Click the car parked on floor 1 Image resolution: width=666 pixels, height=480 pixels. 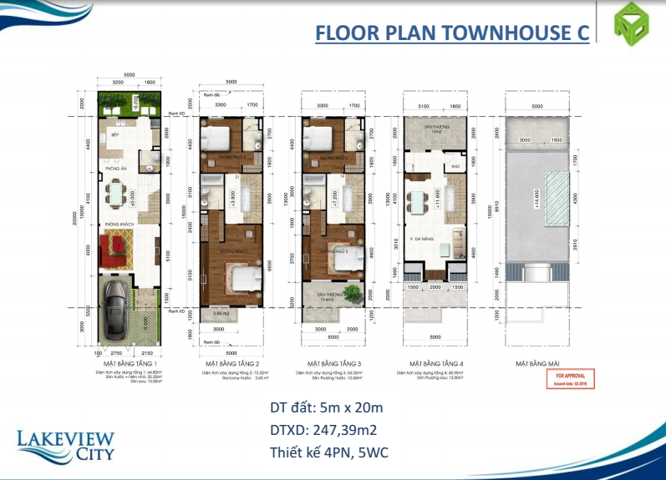(116, 306)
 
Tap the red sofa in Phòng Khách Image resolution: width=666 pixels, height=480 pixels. (114, 246)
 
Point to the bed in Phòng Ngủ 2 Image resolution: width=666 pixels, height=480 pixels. (218, 136)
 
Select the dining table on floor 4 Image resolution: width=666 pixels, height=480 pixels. (415, 201)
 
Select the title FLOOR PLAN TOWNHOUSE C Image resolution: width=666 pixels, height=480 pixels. (451, 33)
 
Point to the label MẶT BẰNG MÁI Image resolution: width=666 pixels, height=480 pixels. (536, 364)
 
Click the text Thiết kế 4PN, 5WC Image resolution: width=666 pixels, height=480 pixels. (329, 453)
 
